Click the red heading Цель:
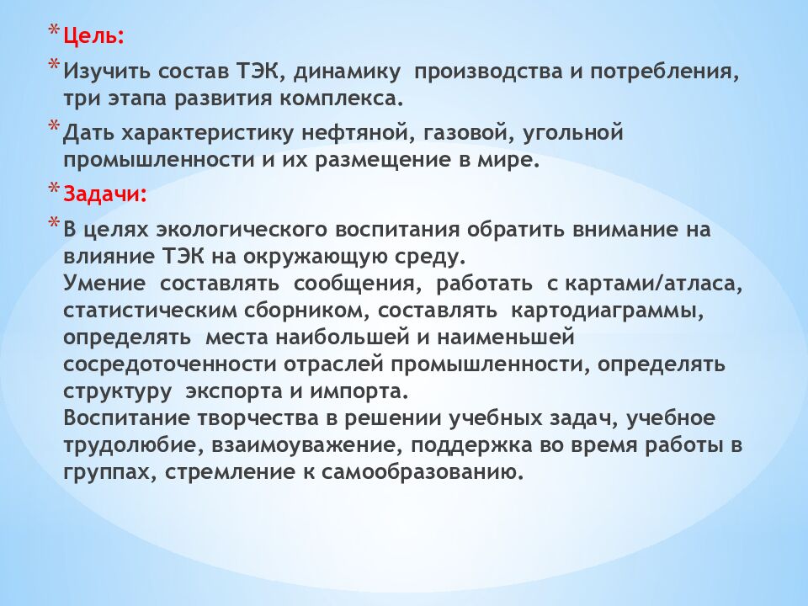point(94,36)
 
